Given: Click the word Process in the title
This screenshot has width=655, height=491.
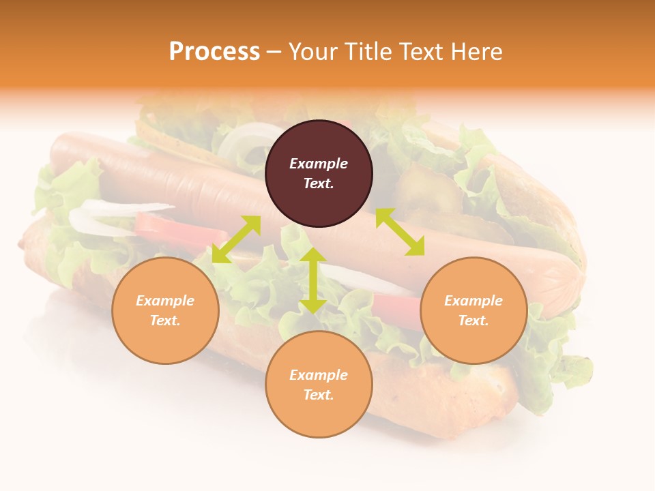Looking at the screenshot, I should pos(214,52).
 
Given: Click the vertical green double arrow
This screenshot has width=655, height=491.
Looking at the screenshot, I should pos(313,280).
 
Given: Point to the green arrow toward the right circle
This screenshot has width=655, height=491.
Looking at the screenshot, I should pos(400,232).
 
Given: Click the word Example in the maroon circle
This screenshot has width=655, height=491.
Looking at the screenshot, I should pos(319,164).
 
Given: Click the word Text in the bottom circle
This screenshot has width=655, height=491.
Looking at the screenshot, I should pos(317,395).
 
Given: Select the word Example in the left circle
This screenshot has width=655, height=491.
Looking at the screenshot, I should pos(165,301).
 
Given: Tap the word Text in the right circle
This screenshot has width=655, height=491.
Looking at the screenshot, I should pos(471,321).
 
